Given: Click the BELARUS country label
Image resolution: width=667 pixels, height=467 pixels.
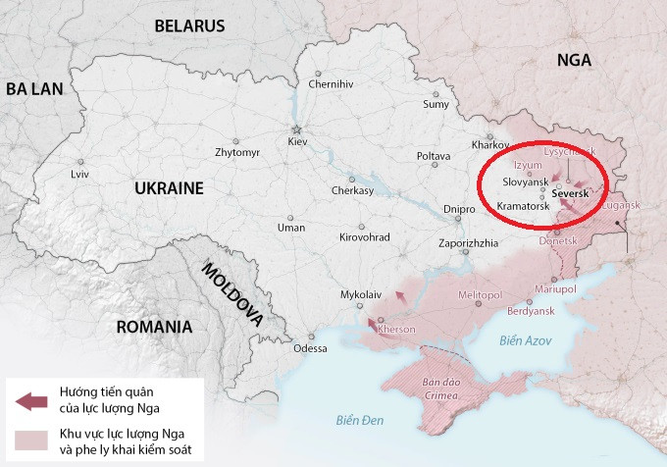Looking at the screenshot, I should click(x=189, y=26).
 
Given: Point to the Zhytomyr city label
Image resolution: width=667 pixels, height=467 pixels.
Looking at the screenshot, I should click(x=237, y=153).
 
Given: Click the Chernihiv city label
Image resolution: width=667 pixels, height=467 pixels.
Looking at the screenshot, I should click(x=330, y=84).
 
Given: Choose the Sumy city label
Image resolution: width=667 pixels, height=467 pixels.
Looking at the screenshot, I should click(x=436, y=104).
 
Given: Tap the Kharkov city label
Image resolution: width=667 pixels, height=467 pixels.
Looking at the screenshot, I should click(x=490, y=143).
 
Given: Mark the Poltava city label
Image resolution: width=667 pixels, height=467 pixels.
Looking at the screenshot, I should click(x=434, y=156).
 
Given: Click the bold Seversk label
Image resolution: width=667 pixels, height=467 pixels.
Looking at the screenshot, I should click(x=571, y=194).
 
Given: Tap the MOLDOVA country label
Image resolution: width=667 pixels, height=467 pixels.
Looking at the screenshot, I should click(x=232, y=293).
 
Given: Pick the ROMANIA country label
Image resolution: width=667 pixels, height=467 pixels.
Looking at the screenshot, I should click(x=153, y=327).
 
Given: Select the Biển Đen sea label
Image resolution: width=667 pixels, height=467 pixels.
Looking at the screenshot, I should click(x=357, y=421).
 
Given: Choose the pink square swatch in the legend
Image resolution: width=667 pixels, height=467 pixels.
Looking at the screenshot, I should click(x=31, y=439).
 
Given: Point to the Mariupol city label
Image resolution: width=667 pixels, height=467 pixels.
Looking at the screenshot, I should click(x=555, y=288).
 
